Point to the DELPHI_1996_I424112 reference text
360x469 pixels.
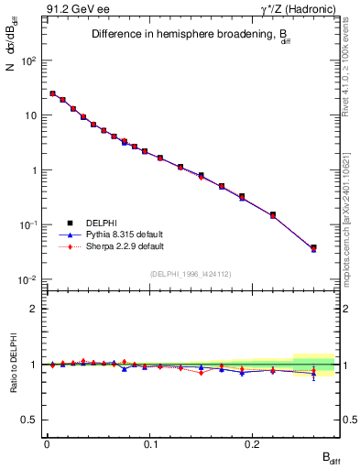click(191, 272)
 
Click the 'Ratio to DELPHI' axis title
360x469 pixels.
click(12, 364)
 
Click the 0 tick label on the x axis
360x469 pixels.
click(47, 442)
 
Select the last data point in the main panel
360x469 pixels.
click(313, 247)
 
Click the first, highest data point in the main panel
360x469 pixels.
click(52, 93)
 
